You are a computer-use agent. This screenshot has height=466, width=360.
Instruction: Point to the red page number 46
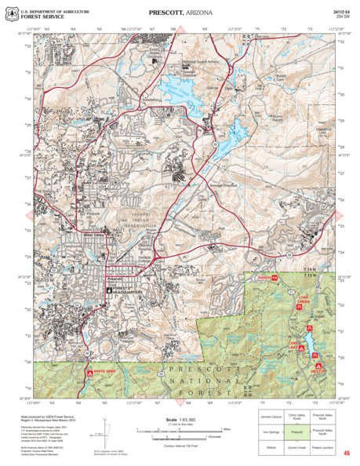coord(346,453)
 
